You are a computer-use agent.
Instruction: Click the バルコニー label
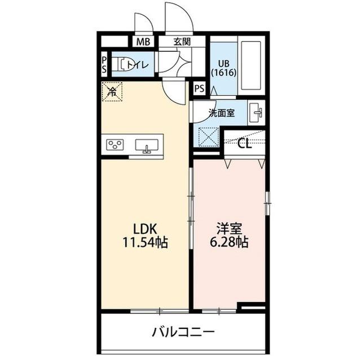click(183, 331)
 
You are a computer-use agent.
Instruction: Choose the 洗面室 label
click(222, 113)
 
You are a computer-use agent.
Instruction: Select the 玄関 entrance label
click(182, 41)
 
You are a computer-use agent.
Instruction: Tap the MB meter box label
click(142, 42)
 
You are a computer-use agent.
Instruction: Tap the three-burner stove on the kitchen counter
click(116, 145)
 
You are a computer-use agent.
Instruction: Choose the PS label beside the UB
click(199, 88)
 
